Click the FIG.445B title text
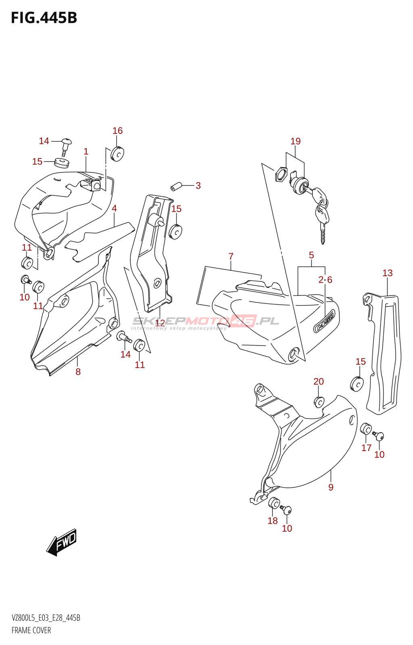click(x=44, y=18)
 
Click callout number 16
click(x=117, y=131)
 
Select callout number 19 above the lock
click(x=296, y=141)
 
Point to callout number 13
click(x=387, y=273)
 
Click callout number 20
click(x=319, y=381)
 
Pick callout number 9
click(x=331, y=487)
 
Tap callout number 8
click(x=78, y=372)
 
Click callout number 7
click(x=231, y=256)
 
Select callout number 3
click(x=198, y=186)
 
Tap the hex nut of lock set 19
click(x=280, y=175)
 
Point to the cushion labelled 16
click(x=117, y=154)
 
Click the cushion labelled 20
click(x=319, y=402)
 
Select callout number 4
click(x=114, y=208)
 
